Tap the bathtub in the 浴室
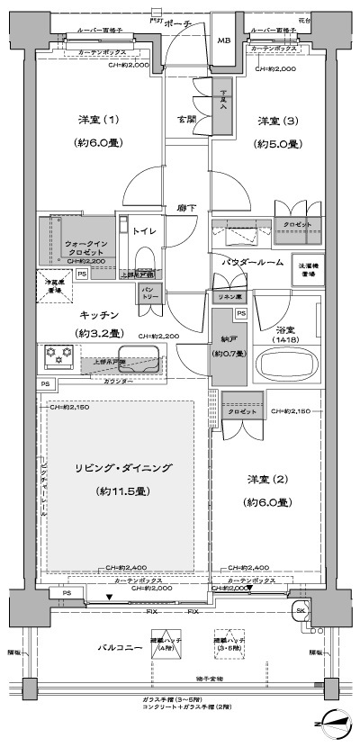[289, 365]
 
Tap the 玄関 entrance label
[185, 120]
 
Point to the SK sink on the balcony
[300, 612]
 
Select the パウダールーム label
[253, 262]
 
